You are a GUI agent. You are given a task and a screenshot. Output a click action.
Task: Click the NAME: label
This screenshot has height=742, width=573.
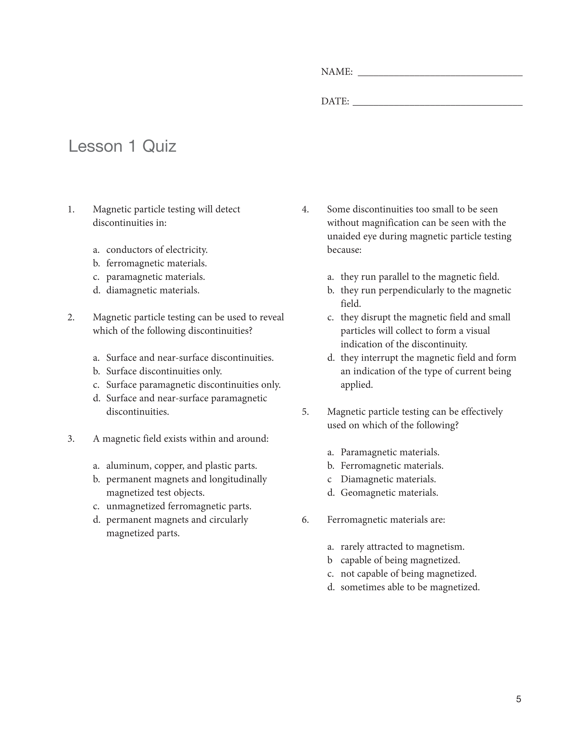337,72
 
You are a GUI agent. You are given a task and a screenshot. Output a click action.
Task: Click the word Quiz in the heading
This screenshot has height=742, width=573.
159,146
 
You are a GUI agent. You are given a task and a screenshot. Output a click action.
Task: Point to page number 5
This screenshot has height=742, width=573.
518,699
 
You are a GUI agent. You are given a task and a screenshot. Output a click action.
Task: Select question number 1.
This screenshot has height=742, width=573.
71,209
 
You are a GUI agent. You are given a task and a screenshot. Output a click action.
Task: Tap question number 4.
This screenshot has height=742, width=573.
305,209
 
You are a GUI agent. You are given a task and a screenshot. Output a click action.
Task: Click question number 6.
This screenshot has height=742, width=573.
305,520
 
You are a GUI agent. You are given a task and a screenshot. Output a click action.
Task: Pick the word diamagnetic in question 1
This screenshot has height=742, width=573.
131,291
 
